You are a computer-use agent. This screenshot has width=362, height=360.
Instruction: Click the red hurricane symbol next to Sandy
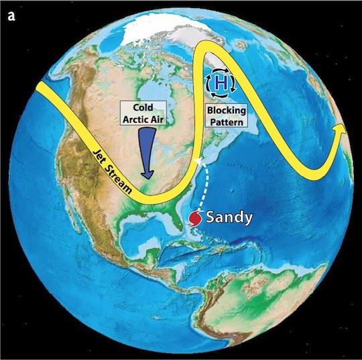[195, 219]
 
